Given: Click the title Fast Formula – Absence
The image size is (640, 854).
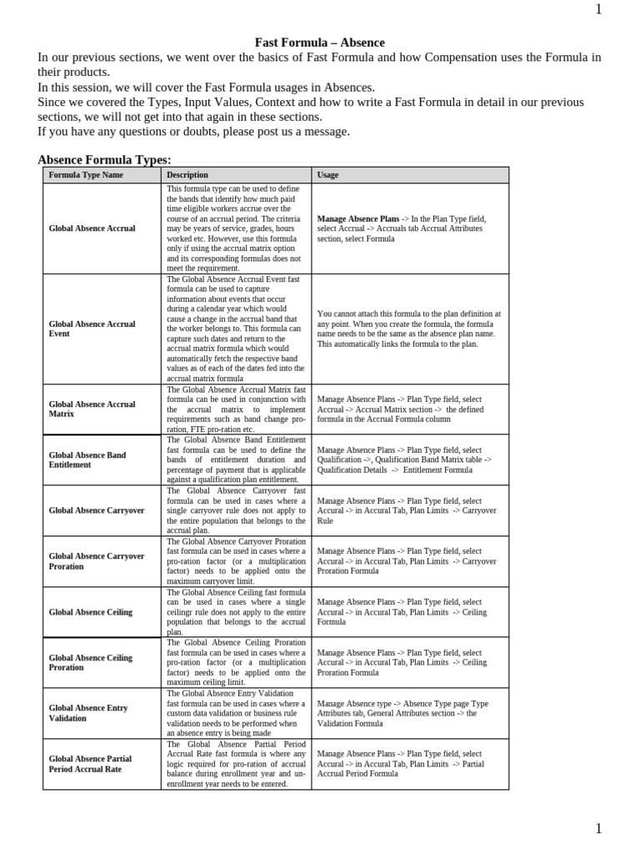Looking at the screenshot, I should point(320,43).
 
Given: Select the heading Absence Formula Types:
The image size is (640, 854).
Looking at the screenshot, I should point(104,159).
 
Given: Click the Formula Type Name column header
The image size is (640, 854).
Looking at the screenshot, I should point(86,175).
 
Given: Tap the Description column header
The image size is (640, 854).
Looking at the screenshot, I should point(187,175).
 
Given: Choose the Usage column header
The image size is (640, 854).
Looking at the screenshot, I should point(327,175).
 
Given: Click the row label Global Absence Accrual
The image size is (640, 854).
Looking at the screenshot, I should point(92,228).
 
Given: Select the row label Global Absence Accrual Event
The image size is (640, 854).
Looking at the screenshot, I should point(92,329).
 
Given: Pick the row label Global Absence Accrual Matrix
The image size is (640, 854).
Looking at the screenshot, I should point(92,409).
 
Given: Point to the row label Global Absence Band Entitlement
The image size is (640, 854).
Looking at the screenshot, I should point(87,460).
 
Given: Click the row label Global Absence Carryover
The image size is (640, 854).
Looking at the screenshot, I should point(97,510).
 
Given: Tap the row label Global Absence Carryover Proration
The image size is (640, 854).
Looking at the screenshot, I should point(97,560).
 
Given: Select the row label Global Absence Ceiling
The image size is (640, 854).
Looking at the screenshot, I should point(90,612).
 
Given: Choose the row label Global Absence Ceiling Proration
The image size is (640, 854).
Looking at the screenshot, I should point(90,662).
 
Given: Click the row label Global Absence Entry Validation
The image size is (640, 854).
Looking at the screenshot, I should point(88,713).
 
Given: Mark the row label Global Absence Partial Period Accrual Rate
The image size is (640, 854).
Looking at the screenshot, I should point(90,764).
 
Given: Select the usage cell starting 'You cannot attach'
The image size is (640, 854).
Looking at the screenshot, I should point(408,329).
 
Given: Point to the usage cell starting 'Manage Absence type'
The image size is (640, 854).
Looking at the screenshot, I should point(402,713).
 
